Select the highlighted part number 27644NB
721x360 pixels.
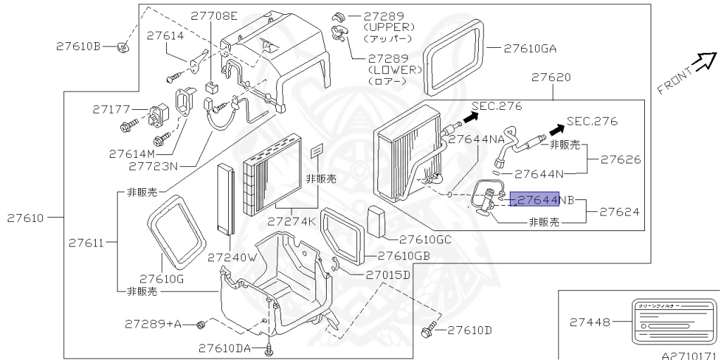point(534,200)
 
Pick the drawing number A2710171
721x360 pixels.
point(689,356)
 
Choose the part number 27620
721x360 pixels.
point(551,77)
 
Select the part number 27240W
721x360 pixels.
point(232,257)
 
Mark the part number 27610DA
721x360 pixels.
point(225,347)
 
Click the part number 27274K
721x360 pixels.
point(291,221)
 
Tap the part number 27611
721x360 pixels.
point(87,243)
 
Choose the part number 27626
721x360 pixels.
point(620,159)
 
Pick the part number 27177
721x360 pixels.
point(111,109)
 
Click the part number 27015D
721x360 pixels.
point(387,274)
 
